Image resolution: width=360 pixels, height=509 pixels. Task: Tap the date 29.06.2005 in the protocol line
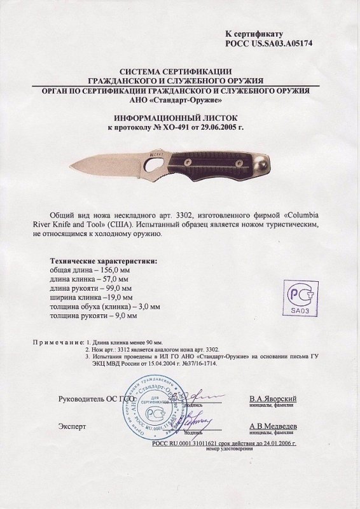coord(222,128)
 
